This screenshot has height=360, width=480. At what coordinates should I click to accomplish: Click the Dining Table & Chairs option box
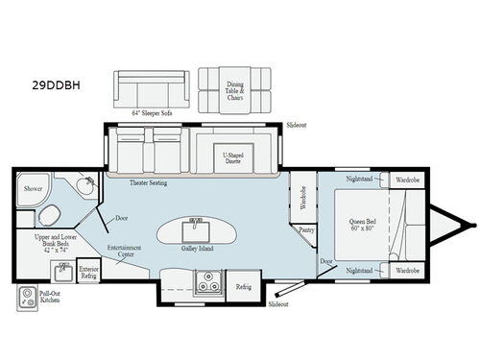click(x=235, y=89)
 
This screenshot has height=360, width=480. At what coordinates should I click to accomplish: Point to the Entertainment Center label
click(x=126, y=252)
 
